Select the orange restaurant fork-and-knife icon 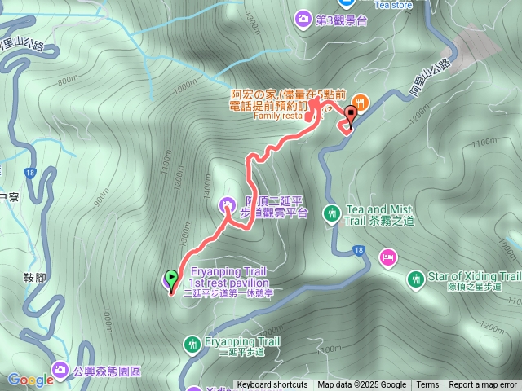360,102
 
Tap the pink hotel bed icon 387,258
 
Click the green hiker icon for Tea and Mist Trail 331,213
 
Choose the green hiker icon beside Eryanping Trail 192,344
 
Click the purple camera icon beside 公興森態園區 60,371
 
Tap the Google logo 30,380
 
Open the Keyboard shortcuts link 272,385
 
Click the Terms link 427,385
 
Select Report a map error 484,385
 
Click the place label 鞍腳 34,279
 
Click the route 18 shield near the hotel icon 358,249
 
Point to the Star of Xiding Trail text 475,276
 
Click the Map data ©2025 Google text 361,385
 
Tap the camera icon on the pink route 228,204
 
